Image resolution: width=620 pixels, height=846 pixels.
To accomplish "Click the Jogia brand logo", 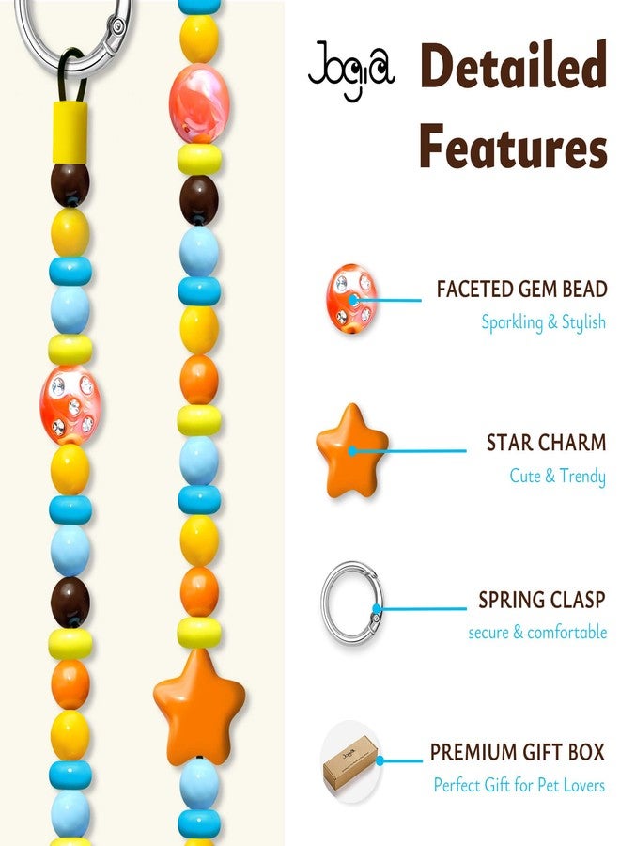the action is click(x=351, y=70).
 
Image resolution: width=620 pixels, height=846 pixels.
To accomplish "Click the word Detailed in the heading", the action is click(x=514, y=66).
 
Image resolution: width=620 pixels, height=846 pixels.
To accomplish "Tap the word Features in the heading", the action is click(x=514, y=147).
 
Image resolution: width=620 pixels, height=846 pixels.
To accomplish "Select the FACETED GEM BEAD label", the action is click(x=522, y=290).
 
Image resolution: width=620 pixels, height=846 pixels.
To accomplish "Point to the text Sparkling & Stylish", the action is click(x=544, y=322).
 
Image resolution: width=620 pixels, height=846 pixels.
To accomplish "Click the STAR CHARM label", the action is click(x=546, y=443).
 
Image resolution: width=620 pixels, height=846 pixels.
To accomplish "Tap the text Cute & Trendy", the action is click(x=557, y=477).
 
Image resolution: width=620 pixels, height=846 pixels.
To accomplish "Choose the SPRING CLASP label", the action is click(x=542, y=600).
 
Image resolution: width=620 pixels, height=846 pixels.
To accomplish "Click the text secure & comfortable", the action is click(x=537, y=632).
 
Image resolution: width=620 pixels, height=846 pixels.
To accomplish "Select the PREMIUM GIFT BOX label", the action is click(x=517, y=752).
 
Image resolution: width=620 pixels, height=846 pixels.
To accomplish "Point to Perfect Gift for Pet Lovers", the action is click(x=519, y=785).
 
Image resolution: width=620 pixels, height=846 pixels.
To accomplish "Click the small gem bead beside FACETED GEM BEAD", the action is click(x=351, y=299).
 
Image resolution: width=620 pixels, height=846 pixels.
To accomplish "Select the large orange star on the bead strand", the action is click(x=199, y=707).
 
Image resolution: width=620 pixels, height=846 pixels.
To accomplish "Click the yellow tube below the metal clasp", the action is click(x=70, y=133).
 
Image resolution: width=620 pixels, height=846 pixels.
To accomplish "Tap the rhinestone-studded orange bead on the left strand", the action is click(x=70, y=404).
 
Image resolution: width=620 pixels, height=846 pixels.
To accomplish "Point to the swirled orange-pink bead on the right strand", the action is click(x=199, y=103).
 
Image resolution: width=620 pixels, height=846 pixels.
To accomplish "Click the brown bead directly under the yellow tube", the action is click(x=70, y=184).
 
